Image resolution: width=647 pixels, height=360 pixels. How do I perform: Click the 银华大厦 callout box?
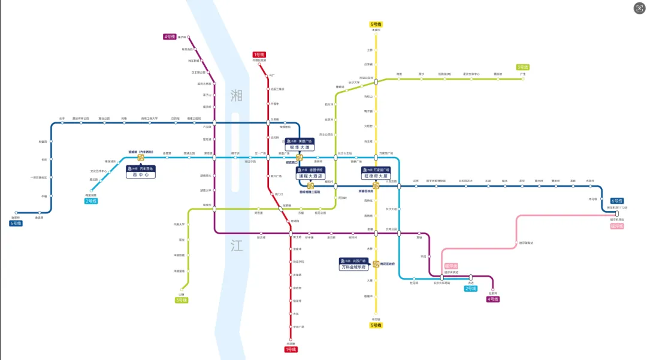tap(299, 144)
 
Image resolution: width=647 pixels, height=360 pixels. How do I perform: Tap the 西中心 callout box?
tap(140, 173)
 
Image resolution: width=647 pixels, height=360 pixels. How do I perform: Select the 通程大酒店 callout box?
tap(310, 174)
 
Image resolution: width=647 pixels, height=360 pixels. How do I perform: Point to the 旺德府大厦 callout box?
tap(375, 174)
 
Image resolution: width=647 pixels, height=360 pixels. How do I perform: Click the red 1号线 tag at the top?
tap(259, 55)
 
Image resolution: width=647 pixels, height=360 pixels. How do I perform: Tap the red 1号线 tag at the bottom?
tap(291, 349)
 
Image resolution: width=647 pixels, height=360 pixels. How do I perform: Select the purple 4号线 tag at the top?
tap(170, 37)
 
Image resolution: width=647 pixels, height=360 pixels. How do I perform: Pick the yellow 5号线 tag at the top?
tap(376, 24)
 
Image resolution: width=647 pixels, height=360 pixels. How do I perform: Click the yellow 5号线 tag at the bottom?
tap(376, 326)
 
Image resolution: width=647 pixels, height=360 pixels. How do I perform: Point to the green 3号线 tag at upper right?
tap(523, 67)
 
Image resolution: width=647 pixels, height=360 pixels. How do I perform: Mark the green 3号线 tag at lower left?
tap(182, 300)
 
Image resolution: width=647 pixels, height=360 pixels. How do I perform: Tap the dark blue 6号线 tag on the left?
tap(16, 223)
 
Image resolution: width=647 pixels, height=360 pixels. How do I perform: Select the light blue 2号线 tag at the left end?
tap(91, 201)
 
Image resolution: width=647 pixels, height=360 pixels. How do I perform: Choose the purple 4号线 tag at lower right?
tap(493, 299)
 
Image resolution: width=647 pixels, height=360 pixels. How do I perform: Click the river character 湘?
tap(237, 94)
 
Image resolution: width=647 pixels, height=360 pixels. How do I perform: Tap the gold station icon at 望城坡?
tap(141, 158)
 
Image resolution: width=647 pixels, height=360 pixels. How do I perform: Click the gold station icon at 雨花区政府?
tap(376, 264)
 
